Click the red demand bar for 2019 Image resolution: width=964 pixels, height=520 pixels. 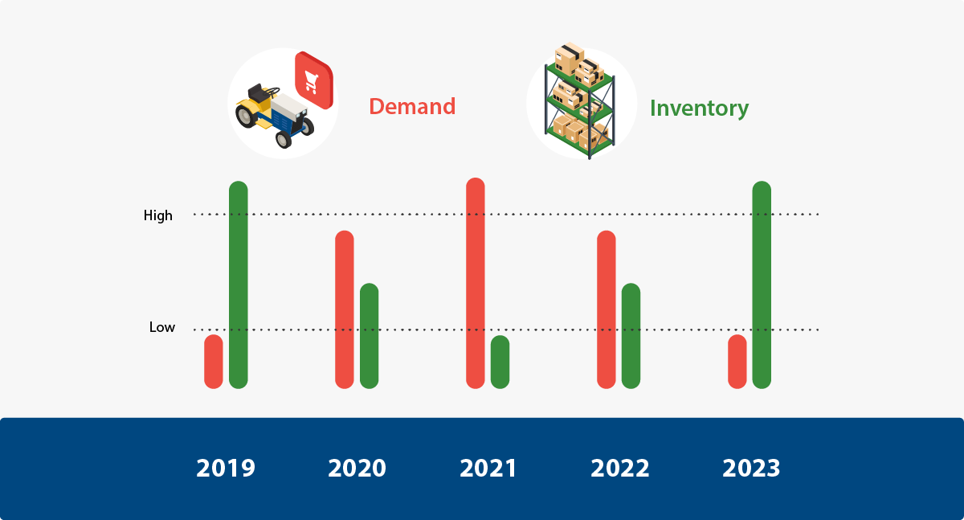[x=214, y=362]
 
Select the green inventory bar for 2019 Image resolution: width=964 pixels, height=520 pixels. [x=239, y=285]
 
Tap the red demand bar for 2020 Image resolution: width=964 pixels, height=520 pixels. [x=345, y=309]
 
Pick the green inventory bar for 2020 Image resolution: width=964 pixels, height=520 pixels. [x=370, y=336]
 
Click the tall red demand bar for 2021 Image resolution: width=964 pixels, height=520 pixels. [x=475, y=283]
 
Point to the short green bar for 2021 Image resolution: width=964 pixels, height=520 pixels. [x=500, y=362]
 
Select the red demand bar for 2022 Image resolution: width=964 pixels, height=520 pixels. [x=607, y=309]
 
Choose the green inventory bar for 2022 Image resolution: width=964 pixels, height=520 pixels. [x=631, y=336]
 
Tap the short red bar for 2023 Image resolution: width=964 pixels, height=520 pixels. [x=737, y=362]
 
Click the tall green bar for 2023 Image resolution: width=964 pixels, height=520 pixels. [x=762, y=285]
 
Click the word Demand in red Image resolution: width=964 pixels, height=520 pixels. [x=412, y=106]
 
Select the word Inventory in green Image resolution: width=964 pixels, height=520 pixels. [x=700, y=109]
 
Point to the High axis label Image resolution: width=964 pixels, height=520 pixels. [x=158, y=215]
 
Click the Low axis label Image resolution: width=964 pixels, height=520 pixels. [x=162, y=327]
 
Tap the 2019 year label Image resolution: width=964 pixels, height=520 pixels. [x=226, y=468]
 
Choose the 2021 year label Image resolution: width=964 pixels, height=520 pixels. [x=488, y=468]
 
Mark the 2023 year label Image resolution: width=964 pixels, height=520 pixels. [x=751, y=468]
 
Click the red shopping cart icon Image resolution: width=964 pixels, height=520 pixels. [x=314, y=80]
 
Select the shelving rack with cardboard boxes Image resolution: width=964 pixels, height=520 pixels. [x=580, y=101]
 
